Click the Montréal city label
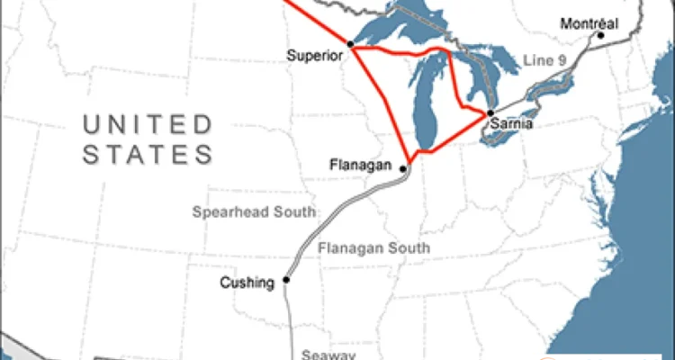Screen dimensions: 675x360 (589, 23)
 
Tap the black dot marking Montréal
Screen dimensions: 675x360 (599, 36)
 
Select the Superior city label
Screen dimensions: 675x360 (315, 55)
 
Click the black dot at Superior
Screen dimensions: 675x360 (350, 44)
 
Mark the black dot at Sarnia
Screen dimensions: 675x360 (490, 112)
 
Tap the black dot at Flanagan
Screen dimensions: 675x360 (402, 168)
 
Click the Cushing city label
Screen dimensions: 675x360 (247, 283)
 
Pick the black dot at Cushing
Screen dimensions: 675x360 (286, 280)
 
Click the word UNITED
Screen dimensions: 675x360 (148, 124)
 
